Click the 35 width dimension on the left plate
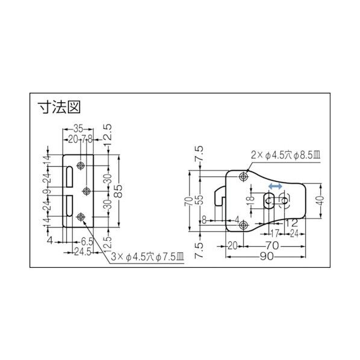click(x=78, y=129)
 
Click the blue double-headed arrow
click(x=274, y=187)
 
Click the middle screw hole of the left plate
click(x=87, y=191)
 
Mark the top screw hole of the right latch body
click(x=243, y=177)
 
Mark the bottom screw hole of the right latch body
click(x=243, y=225)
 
